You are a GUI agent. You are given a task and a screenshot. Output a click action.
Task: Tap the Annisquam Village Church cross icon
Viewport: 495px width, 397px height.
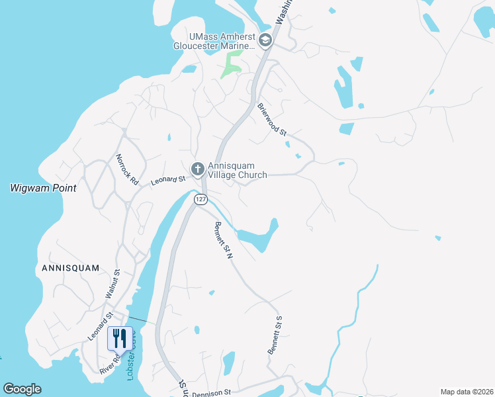197,170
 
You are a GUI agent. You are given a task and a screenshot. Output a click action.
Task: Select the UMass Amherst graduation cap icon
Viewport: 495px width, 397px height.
265,41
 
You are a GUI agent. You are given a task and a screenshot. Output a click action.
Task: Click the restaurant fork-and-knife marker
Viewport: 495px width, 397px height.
119,338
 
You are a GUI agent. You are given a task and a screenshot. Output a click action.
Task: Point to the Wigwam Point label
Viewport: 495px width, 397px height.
43,188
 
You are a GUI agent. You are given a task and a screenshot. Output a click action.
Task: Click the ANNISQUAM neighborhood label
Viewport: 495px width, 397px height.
70,268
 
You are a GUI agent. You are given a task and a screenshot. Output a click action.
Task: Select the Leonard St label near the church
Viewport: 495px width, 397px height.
167,179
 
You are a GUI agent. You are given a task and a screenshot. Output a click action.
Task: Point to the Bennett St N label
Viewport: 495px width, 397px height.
220,240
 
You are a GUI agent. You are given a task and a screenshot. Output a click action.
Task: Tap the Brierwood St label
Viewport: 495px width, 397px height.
272,120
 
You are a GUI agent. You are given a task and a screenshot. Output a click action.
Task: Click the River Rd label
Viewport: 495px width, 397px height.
110,363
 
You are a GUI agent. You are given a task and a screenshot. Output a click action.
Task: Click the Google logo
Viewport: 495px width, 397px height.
22,389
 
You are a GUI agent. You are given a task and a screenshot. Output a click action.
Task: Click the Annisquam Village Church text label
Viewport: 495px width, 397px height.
237,171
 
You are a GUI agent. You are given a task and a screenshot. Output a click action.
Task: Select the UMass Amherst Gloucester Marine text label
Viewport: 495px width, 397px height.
214,41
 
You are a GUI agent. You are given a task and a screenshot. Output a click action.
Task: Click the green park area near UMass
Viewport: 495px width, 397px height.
231,65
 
